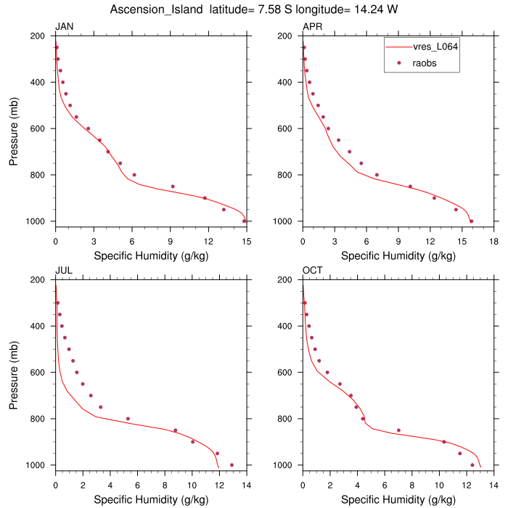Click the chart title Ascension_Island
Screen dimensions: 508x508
click(156, 9)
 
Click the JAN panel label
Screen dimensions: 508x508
click(64, 28)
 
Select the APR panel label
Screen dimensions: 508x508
click(312, 28)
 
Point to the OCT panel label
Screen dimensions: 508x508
click(313, 271)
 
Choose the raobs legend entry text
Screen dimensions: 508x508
click(425, 63)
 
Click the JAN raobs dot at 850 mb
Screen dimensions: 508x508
click(173, 187)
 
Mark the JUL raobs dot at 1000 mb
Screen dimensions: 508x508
click(232, 465)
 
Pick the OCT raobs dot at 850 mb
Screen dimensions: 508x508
click(398, 430)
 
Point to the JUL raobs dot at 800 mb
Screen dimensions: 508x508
click(128, 419)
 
